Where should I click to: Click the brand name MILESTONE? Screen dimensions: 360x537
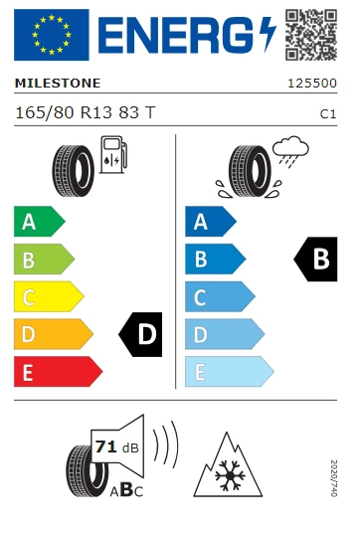(x=57, y=85)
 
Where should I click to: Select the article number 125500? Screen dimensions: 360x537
(x=311, y=85)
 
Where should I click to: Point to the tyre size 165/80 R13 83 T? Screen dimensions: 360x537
(x=85, y=113)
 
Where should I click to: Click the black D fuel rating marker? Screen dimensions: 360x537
(x=141, y=334)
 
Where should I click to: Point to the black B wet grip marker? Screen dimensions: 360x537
(x=315, y=260)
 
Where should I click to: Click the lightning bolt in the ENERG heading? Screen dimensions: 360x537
(x=266, y=36)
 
